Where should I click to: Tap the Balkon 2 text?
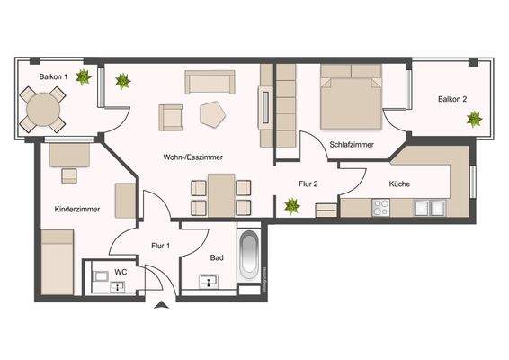[x=452, y=99]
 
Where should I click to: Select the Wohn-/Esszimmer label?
[x=192, y=157]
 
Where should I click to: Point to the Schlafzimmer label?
[x=351, y=144]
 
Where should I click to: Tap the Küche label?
[x=399, y=184]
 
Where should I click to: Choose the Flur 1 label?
[x=161, y=245]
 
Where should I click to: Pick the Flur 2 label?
[x=308, y=184]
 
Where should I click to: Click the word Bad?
[x=216, y=256]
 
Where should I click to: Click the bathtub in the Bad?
[x=250, y=258]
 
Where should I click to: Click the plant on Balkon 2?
[x=474, y=121]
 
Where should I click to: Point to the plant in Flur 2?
[x=291, y=206]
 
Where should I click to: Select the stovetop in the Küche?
[x=380, y=209]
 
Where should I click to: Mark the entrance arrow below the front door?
[x=161, y=307]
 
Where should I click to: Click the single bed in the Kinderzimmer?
[x=58, y=261]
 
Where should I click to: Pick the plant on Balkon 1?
[x=83, y=78]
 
